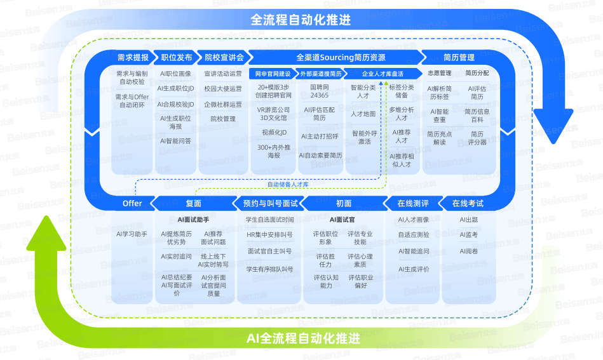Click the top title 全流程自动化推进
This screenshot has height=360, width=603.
[301, 20]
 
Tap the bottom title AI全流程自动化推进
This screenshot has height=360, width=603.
[303, 338]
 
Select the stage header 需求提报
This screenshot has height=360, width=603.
[133, 58]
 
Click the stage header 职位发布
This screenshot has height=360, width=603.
[177, 58]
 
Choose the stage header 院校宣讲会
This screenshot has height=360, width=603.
[224, 58]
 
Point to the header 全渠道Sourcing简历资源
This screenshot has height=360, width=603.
[341, 58]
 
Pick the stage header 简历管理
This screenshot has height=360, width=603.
[459, 58]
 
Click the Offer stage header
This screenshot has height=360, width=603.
[132, 203]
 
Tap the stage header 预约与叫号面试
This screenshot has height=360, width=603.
[270, 203]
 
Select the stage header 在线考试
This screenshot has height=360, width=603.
[468, 203]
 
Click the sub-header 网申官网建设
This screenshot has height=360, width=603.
[273, 74]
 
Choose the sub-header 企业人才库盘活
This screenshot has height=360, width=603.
[383, 74]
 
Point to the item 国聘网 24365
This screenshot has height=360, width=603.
[320, 91]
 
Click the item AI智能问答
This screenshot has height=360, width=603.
[175, 141]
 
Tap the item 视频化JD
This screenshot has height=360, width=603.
[274, 133]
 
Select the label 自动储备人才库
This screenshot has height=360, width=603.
[288, 184]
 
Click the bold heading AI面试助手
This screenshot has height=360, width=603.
[193, 220]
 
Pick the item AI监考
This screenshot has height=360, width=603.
[469, 235]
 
